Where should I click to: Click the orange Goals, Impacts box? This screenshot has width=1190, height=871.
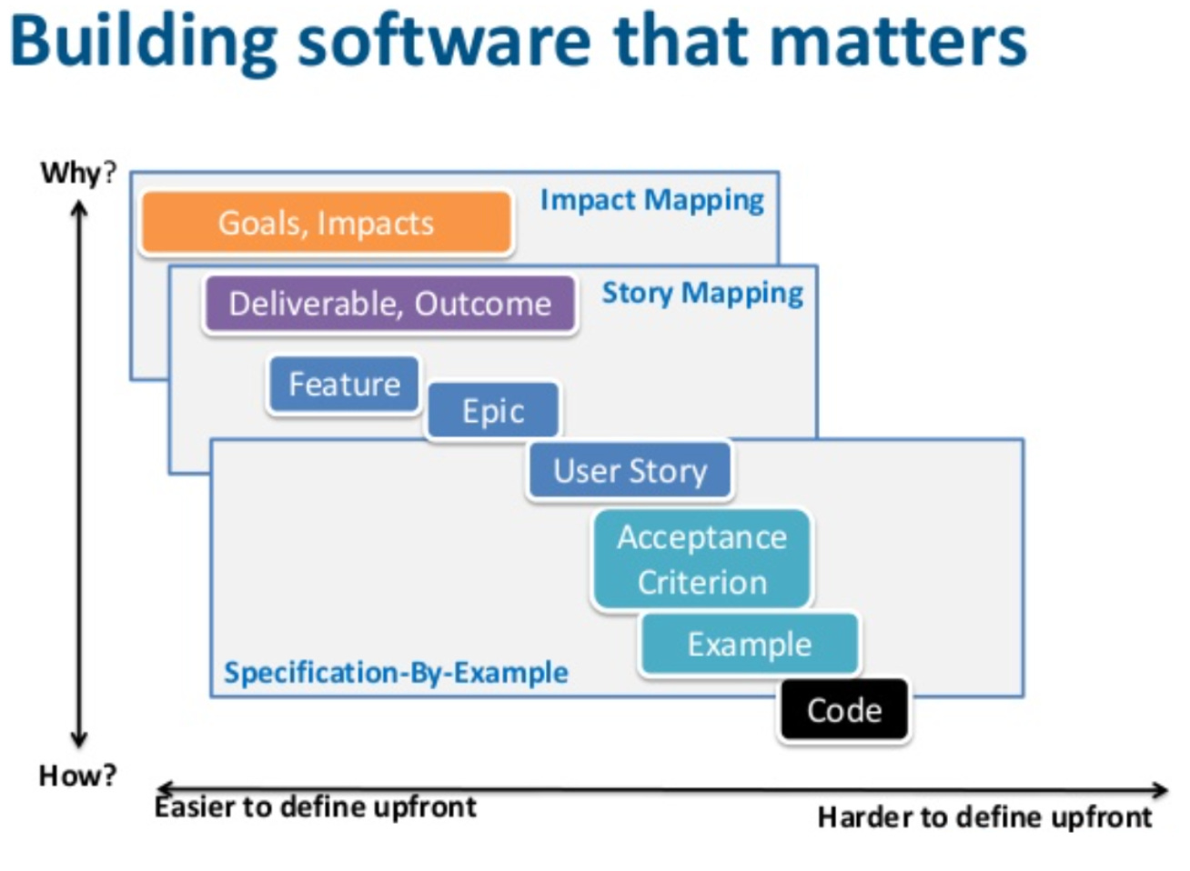pos(326,223)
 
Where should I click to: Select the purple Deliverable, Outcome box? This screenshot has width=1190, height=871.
pos(389,303)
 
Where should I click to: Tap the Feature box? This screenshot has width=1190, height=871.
pos(344,385)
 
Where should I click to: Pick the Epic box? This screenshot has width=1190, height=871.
pos(492,411)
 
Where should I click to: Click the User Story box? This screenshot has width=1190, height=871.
pos(630,471)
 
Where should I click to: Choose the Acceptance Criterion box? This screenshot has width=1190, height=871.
pos(701,559)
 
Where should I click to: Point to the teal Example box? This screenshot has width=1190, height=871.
pos(749,645)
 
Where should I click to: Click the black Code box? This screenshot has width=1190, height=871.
pos(844,709)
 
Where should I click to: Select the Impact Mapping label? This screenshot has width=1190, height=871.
pos(651,200)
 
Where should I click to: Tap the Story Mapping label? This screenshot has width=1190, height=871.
pos(702,293)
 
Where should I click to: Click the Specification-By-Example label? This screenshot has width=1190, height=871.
pos(396,673)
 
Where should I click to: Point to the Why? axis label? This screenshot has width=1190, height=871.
pos(78,172)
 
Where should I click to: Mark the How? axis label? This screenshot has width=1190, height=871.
pos(77,775)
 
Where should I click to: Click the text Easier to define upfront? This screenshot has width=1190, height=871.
pos(316,806)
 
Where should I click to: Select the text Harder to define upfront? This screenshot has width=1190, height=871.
pos(984,816)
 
